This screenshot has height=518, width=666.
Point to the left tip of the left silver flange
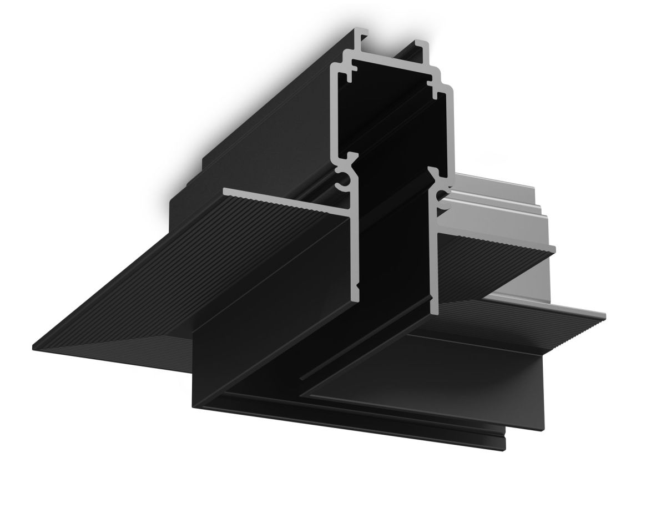tap(225, 192)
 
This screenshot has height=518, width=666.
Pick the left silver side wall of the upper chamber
tap(335, 111)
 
